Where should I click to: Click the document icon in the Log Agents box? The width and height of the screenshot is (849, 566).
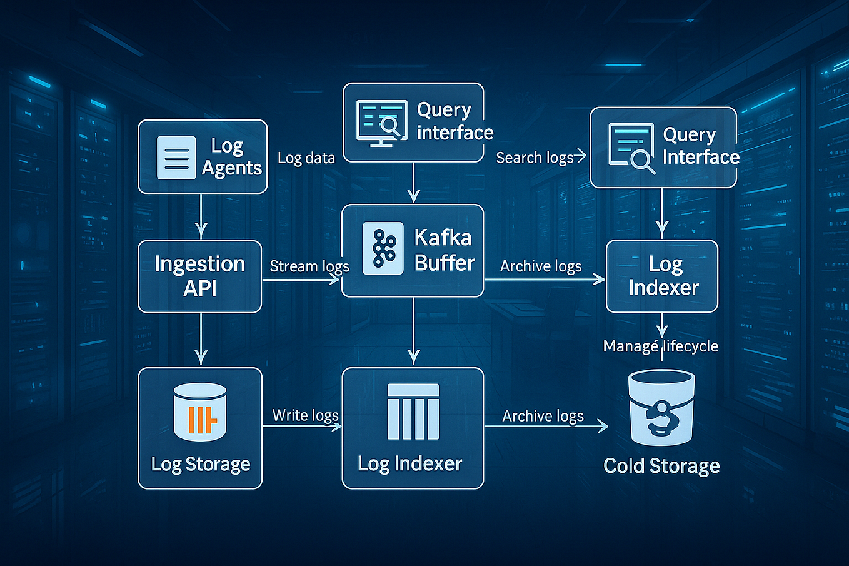176,158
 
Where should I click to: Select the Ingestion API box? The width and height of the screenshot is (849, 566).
199,276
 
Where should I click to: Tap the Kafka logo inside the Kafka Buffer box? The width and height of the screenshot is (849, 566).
383,248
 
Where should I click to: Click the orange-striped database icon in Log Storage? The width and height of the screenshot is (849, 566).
200,413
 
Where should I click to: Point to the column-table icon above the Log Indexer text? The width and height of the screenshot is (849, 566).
413,412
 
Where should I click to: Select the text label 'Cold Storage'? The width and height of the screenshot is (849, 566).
661,466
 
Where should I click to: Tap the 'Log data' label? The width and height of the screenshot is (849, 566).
306,158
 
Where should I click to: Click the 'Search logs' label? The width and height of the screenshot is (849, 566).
535,158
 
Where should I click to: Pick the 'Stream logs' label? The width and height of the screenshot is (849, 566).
309,266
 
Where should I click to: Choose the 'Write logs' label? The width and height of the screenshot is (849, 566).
306,416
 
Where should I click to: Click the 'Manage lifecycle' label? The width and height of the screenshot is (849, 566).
661,346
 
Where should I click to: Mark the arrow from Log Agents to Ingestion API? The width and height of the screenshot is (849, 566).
201,216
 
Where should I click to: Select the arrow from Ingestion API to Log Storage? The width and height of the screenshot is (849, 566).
201,339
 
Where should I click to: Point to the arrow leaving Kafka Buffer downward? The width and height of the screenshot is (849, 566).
413,331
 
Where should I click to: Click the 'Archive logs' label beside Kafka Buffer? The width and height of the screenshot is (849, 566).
541,266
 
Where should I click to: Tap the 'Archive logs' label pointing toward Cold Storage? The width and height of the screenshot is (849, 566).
543,416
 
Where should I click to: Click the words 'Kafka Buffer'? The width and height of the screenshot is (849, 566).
445,250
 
